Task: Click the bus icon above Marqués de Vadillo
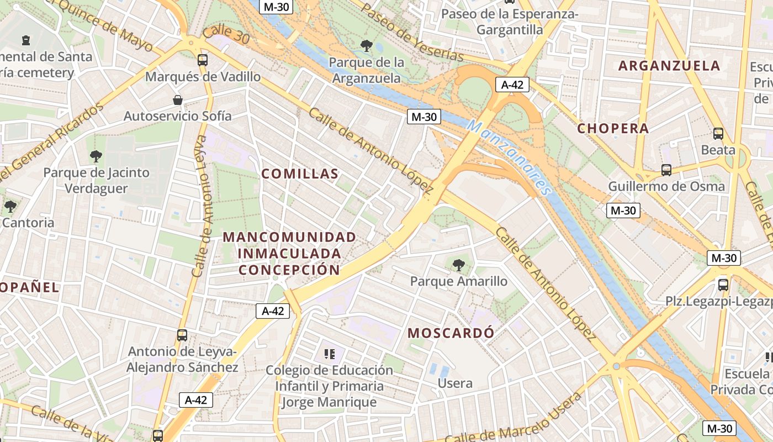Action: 203,60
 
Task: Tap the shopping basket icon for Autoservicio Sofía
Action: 178,100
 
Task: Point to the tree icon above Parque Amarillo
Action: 458,265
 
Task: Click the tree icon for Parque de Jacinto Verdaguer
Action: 96,156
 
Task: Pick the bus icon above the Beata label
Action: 718,133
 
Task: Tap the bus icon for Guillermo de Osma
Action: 666,170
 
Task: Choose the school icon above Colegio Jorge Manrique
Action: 330,354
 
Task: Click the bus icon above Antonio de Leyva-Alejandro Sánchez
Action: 182,335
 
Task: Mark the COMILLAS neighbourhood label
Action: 300,174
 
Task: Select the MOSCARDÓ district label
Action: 451,333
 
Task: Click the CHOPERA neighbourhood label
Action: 613,129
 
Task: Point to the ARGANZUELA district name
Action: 669,66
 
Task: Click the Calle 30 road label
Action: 226,34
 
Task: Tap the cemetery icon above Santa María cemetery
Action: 25,40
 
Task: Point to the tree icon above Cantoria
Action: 10,207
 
